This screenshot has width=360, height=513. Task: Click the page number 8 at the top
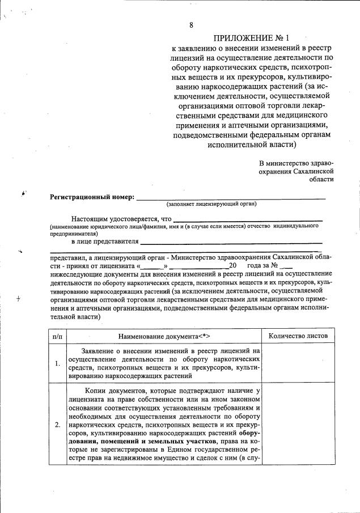click(x=191, y=25)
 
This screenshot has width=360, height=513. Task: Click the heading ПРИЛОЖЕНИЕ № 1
click(x=253, y=38)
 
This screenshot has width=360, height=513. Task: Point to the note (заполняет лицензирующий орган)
click(x=211, y=203)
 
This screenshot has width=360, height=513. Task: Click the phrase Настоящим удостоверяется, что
click(x=121, y=219)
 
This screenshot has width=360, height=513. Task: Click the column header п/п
click(x=57, y=336)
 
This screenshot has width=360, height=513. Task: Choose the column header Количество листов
click(x=298, y=336)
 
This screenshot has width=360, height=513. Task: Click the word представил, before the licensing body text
click(x=67, y=256)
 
